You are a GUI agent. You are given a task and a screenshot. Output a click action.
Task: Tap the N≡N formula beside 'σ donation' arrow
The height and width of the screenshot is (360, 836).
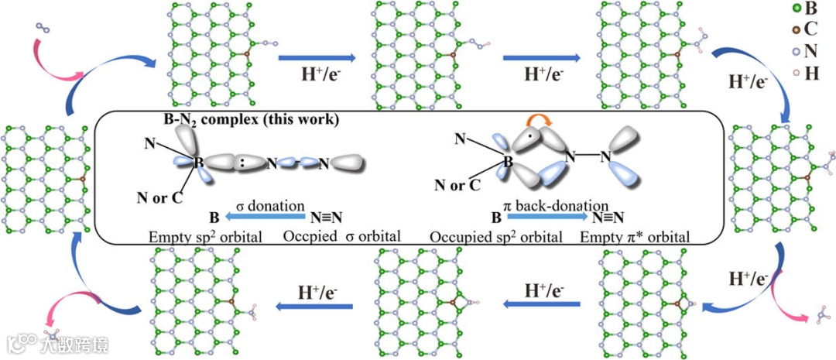[x=327, y=218]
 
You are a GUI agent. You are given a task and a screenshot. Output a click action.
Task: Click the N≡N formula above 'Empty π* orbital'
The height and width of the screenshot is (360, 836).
[x=608, y=218]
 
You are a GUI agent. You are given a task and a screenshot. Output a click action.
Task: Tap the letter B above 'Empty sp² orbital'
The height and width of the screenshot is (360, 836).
[x=214, y=218]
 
